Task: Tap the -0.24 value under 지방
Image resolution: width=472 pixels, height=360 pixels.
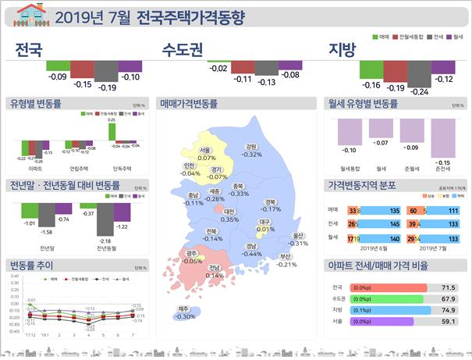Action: [419, 91]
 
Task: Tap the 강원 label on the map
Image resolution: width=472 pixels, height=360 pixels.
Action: [251, 146]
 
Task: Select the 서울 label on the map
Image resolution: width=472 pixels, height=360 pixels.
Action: [205, 150]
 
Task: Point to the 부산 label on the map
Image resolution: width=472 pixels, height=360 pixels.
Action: [286, 256]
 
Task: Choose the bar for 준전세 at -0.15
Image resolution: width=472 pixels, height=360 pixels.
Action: [442, 137]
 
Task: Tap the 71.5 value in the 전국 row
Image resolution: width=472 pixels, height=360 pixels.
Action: [448, 287]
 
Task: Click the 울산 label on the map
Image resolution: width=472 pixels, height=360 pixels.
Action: [297, 235]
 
